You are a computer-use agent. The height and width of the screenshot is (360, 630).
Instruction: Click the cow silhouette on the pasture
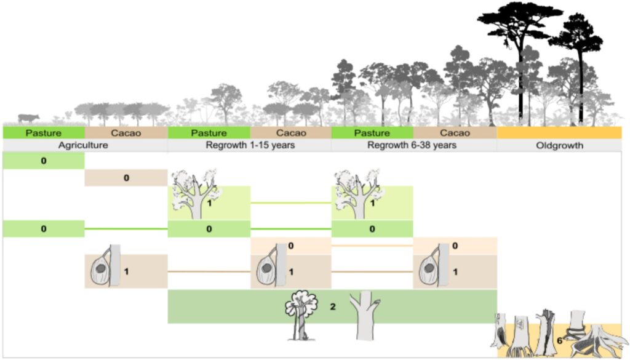pyautogui.click(x=27, y=118)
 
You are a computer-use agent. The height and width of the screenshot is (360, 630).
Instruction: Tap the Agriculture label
pyautogui.click(x=83, y=146)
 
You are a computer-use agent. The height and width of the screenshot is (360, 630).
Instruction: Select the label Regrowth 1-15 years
pyautogui.click(x=249, y=146)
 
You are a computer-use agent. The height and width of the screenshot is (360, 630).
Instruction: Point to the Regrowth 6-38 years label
pyautogui.click(x=413, y=146)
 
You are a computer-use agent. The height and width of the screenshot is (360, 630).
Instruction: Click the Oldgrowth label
pyautogui.click(x=559, y=146)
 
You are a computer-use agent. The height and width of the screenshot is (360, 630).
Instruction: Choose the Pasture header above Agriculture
pyautogui.click(x=43, y=133)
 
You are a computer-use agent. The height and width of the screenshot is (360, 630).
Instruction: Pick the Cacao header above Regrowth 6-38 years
pyautogui.click(x=455, y=133)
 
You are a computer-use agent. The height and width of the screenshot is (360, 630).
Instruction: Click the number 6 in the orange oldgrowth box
pyautogui.click(x=559, y=340)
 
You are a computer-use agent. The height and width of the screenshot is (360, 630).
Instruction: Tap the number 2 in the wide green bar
pyautogui.click(x=332, y=305)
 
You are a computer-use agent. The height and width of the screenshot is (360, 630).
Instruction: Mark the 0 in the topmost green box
pyautogui.click(x=43, y=161)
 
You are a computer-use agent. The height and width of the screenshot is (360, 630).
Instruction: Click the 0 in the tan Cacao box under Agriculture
pyautogui.click(x=126, y=178)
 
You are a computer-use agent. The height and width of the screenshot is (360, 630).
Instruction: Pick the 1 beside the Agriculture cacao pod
pyautogui.click(x=126, y=271)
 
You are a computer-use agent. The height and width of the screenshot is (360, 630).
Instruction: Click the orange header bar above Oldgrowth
pyautogui.click(x=559, y=133)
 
